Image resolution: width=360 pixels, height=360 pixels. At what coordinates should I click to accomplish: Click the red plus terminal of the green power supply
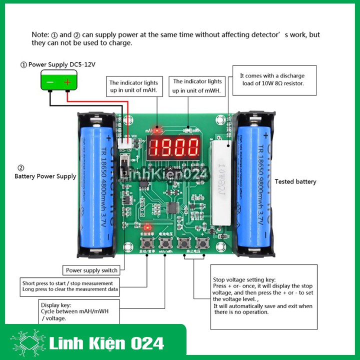(x=67, y=82)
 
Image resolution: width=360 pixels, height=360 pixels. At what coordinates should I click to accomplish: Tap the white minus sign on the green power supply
(x=50, y=82)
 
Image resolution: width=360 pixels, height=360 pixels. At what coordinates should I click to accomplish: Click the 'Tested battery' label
(x=295, y=181)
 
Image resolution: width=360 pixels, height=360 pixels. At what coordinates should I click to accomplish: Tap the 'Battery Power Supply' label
(x=45, y=176)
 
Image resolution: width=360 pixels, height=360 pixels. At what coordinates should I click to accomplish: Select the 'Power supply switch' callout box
(x=91, y=270)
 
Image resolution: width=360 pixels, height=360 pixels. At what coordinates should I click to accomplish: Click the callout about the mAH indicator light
(x=133, y=86)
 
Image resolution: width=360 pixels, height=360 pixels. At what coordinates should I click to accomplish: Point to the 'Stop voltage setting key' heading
(x=244, y=280)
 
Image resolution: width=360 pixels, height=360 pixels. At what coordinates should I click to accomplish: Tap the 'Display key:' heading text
(x=56, y=304)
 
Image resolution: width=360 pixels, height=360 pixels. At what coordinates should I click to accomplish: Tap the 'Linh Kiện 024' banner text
(x=107, y=343)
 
